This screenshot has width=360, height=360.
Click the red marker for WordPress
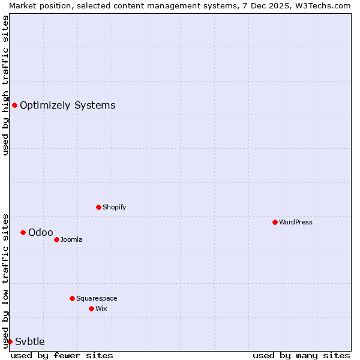click(275, 222)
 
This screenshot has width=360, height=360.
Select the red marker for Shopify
click(98, 207)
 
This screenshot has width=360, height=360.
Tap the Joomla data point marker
click(56, 239)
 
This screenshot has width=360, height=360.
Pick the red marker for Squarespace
click(72, 298)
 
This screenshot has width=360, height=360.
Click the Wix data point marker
click(91, 308)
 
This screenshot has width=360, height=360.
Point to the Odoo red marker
click(23, 232)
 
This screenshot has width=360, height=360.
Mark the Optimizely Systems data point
click(14, 105)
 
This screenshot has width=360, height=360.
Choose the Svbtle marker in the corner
click(10, 341)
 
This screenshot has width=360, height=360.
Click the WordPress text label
click(296, 222)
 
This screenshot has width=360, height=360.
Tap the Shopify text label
click(114, 207)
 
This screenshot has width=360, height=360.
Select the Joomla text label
click(71, 239)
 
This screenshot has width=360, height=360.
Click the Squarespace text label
click(97, 298)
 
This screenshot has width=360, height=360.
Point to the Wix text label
click(101, 308)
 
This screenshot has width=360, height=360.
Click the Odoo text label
click(41, 232)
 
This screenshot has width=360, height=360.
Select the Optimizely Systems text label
click(67, 105)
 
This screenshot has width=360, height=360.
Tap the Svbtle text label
click(30, 341)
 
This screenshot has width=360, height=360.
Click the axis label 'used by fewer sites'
click(62, 355)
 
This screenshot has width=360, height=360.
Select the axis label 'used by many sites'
click(301, 355)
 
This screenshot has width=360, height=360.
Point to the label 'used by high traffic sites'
click(5, 85)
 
